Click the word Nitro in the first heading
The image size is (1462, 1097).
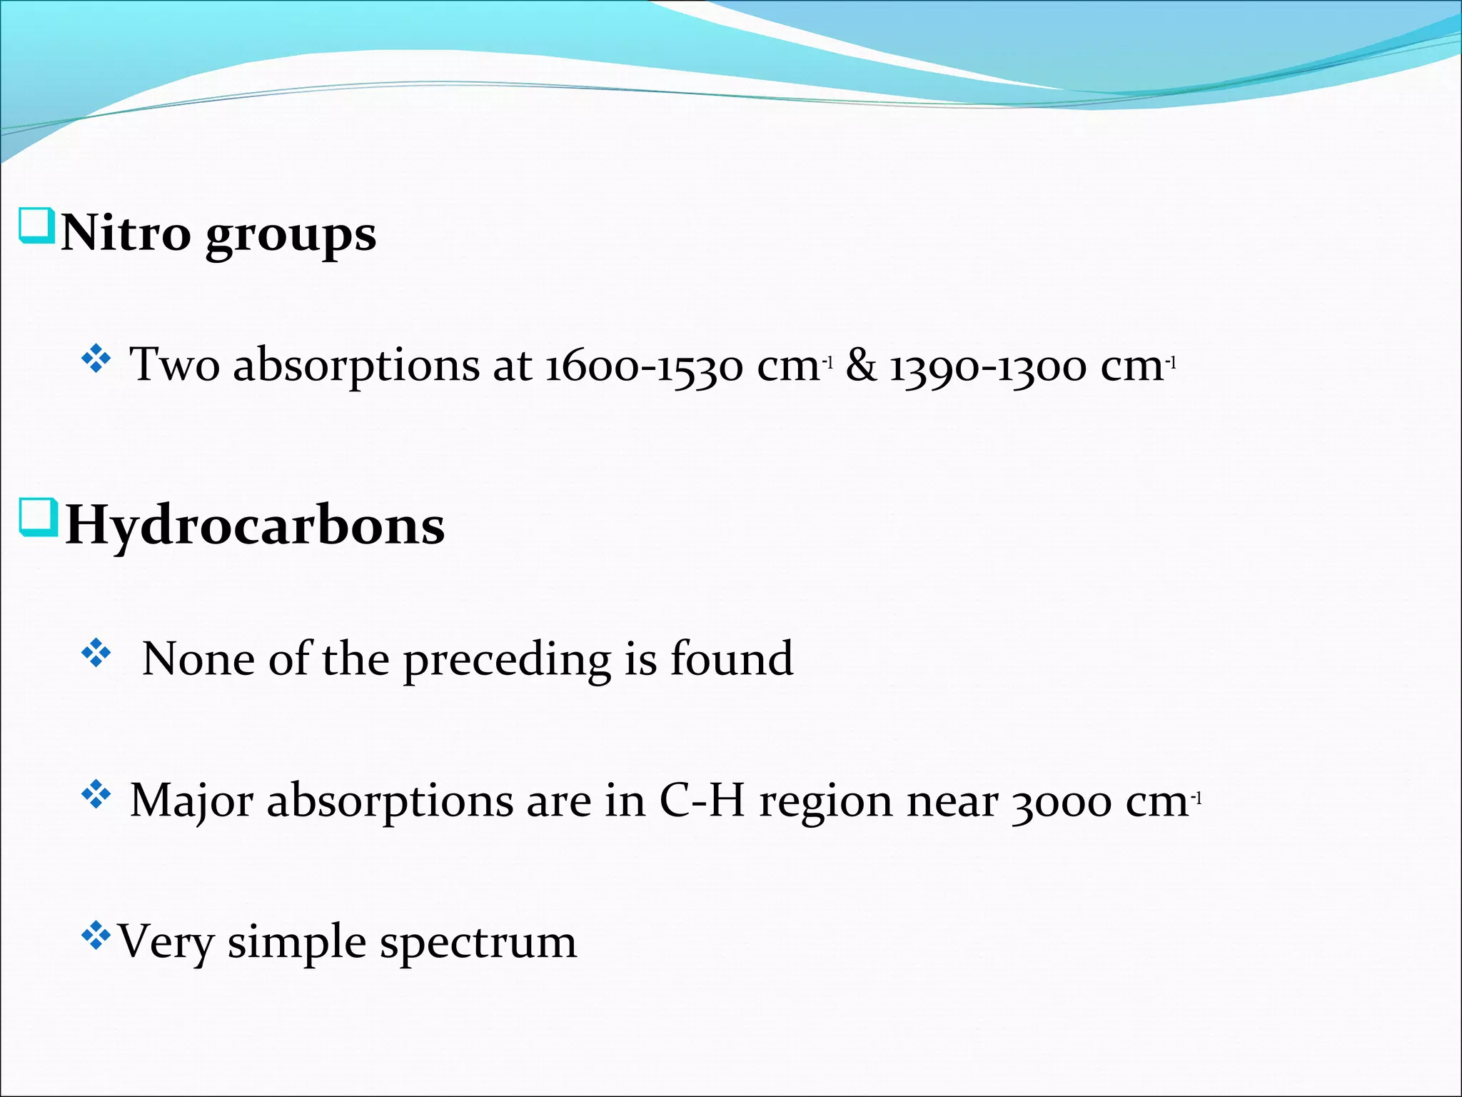pos(126,233)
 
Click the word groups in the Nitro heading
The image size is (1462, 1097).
pos(291,236)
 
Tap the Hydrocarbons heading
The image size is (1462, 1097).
pos(255,526)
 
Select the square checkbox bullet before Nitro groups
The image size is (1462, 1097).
pos(36,226)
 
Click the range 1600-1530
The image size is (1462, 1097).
pos(644,366)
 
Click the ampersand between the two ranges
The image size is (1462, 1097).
pos(861,364)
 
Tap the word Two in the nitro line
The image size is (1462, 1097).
pos(174,364)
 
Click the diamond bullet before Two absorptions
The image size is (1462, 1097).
pos(96,359)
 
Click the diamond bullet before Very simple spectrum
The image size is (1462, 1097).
pos(96,936)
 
